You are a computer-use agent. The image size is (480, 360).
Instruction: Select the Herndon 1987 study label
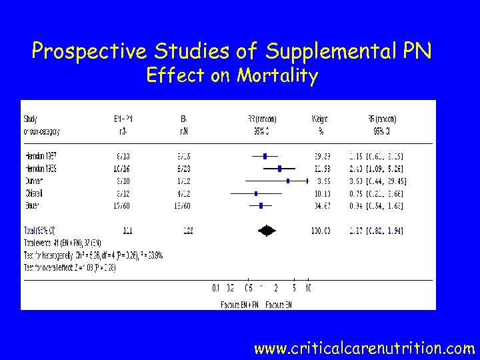click(x=40, y=156)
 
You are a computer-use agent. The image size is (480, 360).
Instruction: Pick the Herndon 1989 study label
click(x=40, y=169)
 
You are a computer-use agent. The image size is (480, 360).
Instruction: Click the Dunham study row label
click(x=35, y=181)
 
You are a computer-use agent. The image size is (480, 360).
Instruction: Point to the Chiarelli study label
click(x=35, y=193)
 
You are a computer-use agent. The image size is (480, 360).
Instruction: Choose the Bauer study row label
click(x=33, y=205)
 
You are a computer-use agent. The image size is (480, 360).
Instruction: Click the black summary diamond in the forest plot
click(x=267, y=231)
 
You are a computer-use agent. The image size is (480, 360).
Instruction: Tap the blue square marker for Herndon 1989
click(x=280, y=169)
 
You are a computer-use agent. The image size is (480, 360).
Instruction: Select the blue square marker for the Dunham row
click(x=288, y=181)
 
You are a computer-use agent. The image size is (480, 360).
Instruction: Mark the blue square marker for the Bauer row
click(x=261, y=205)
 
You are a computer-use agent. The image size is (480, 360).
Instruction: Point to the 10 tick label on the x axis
click(x=307, y=288)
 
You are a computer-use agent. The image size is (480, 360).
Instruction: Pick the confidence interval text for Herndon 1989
click(x=377, y=169)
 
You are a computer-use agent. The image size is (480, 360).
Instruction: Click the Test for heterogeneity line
click(x=93, y=255)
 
